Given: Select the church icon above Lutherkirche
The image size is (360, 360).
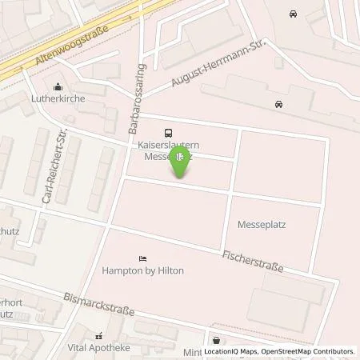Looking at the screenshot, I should coord(58,88).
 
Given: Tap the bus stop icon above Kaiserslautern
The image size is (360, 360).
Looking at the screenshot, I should coord(168,133).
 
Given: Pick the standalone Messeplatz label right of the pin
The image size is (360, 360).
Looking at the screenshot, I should coord(262,225).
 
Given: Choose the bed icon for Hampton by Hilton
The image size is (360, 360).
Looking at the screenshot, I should coord(142,258).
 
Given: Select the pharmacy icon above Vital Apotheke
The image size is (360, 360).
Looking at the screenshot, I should coord(99,337).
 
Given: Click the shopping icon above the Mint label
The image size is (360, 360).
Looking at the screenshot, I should coord(215,339).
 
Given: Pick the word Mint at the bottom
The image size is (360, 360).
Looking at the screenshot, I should coord(209,352).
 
